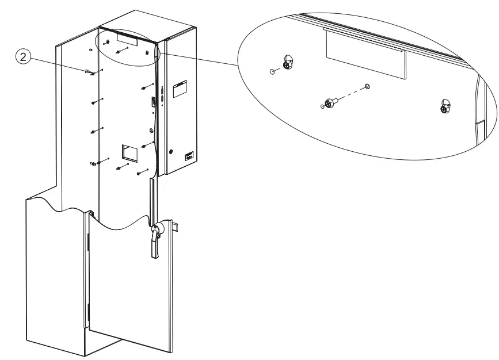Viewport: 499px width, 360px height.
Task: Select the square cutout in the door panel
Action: click(128, 152)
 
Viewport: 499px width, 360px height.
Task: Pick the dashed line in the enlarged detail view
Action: click(351, 94)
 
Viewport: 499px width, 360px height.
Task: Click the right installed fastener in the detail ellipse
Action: click(445, 106)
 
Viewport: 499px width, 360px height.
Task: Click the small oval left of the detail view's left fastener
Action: click(271, 72)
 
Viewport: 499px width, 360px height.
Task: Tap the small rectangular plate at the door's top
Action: click(127, 39)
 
